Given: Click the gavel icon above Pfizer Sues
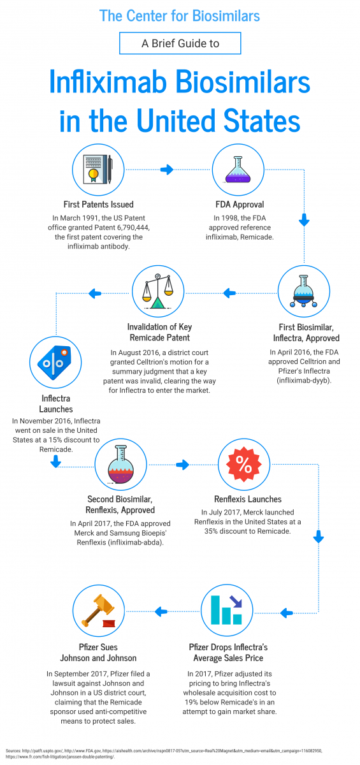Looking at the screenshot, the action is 98,611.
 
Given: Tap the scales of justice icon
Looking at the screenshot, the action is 158,291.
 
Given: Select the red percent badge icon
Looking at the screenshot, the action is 243,464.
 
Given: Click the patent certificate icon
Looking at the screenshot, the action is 98,170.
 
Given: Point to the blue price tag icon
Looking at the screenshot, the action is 55,363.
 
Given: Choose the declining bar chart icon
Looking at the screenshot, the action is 227,610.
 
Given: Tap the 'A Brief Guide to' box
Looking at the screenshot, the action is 180,43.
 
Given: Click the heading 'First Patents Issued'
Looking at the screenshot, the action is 98,204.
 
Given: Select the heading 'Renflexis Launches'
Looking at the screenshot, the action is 248,499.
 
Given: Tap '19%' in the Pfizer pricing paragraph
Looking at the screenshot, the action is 191,702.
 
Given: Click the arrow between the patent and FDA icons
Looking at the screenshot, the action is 167,170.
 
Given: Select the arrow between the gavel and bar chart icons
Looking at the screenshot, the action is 161,611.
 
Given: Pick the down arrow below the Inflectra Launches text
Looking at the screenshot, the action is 55,462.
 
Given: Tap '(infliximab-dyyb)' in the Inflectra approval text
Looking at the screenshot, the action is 304,381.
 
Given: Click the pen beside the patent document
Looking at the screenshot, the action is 110,170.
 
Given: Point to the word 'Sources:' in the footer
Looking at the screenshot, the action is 13,751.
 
